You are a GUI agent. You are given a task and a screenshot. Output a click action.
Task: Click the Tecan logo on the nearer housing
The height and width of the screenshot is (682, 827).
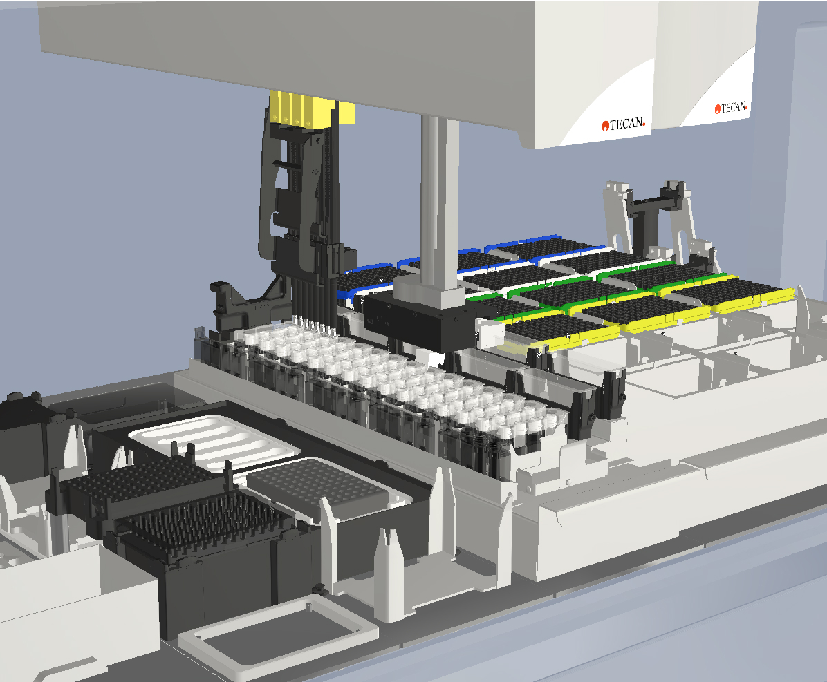coord(624,124)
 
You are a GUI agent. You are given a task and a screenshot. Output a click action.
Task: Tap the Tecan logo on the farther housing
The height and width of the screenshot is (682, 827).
coord(731,108)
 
